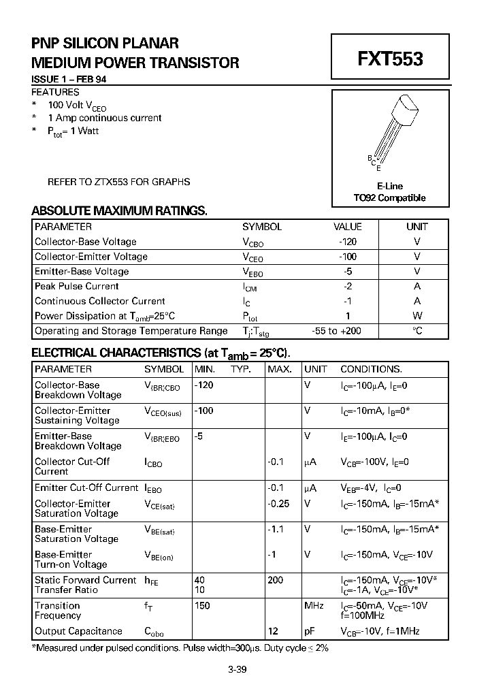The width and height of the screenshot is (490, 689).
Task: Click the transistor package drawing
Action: point(393,130)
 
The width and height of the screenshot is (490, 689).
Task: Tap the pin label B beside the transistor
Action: point(369,158)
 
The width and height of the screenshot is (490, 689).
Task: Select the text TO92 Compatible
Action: point(389,198)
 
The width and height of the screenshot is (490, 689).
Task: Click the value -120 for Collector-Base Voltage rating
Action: point(347,242)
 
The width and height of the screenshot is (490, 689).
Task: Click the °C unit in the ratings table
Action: point(417,331)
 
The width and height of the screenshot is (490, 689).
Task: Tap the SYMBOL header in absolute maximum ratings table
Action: point(261,227)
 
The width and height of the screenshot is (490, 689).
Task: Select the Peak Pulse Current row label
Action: point(76,287)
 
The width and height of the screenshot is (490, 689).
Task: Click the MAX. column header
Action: point(279,369)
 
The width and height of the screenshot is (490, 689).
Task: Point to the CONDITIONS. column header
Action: point(371,369)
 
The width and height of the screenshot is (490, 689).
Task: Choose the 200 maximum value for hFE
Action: point(276,580)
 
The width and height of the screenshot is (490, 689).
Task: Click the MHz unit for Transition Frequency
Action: point(314,605)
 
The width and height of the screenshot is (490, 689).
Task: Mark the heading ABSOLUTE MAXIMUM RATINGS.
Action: point(119,211)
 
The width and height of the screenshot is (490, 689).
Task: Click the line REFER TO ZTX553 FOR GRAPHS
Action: point(118,182)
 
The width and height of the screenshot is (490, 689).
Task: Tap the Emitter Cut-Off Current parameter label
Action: point(86,487)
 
